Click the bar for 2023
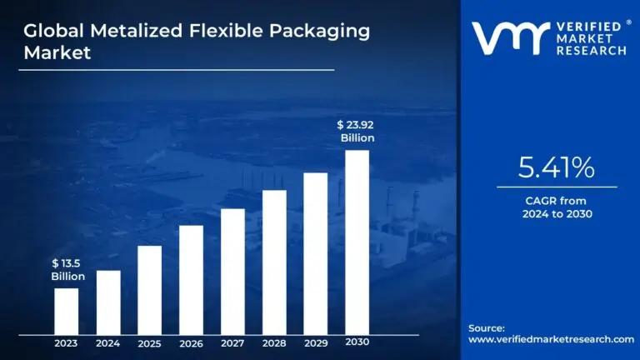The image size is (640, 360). [x=67, y=311]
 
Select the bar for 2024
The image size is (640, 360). [x=108, y=302]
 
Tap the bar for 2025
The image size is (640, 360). [x=149, y=289]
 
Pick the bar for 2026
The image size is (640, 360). [x=191, y=279]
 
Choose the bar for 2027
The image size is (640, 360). [x=232, y=271]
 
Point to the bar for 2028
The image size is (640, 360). [x=274, y=262]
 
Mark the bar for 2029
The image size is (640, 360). [x=315, y=252]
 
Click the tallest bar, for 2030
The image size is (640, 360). [x=357, y=242]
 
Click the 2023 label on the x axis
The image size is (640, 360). [x=67, y=342]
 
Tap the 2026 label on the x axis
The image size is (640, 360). [x=191, y=342]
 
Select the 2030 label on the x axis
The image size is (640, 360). [x=357, y=342]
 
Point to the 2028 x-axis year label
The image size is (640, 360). [x=274, y=342]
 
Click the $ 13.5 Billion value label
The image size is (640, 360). [x=67, y=270]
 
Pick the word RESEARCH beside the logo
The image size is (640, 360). [x=592, y=51]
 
